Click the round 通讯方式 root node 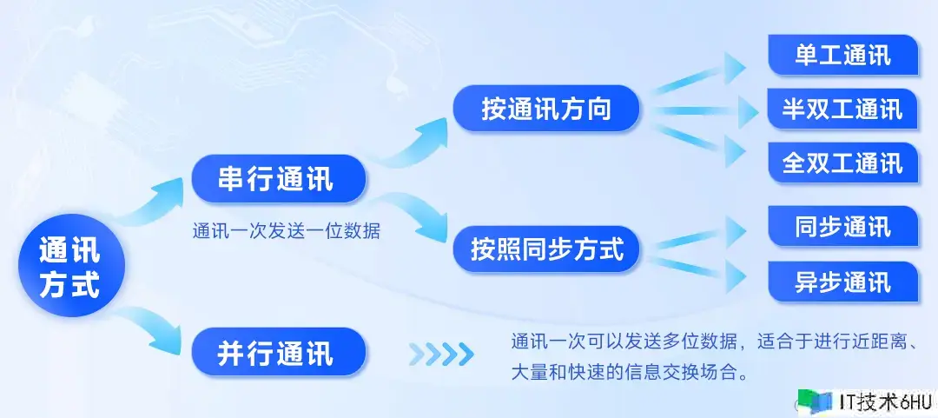point(71,266)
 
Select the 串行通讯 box point(278,178)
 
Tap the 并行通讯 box point(278,352)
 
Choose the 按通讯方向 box point(546,109)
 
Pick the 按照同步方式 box point(546,249)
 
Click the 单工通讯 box point(842,55)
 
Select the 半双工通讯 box point(842,109)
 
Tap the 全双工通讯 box point(842,163)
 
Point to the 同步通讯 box point(842,226)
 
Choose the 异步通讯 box point(842,282)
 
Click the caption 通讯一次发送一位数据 point(286,230)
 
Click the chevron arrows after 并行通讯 point(441,354)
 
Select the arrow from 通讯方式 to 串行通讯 point(149,201)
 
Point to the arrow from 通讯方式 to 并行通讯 point(149,330)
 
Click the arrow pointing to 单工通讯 point(700,74)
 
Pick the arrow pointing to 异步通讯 point(700,269)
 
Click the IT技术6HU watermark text point(884,401)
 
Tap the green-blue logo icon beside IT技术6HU point(815,401)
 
